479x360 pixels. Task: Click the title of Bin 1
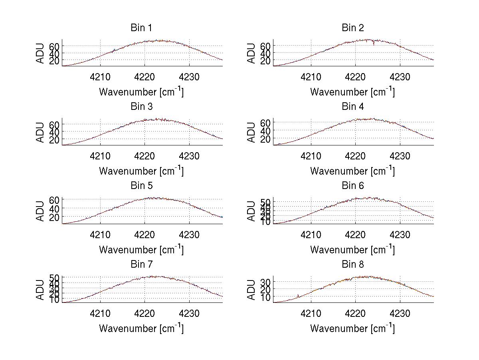(141, 28)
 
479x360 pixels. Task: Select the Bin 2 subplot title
(353, 28)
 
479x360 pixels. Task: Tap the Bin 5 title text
(141, 185)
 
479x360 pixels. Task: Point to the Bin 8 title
(353, 264)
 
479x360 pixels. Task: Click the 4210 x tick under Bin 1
(100, 77)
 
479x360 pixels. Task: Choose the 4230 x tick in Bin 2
(400, 77)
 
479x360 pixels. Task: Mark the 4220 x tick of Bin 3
(145, 156)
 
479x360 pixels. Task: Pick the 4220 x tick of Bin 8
(356, 313)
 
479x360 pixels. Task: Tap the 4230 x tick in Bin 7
(190, 313)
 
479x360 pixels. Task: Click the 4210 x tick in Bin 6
(311, 235)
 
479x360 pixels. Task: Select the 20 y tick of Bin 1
(54, 60)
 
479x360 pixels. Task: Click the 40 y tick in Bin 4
(265, 131)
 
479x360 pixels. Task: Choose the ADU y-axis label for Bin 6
(251, 211)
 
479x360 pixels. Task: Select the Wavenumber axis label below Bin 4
(352, 171)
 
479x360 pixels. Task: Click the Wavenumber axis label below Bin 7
(141, 328)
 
